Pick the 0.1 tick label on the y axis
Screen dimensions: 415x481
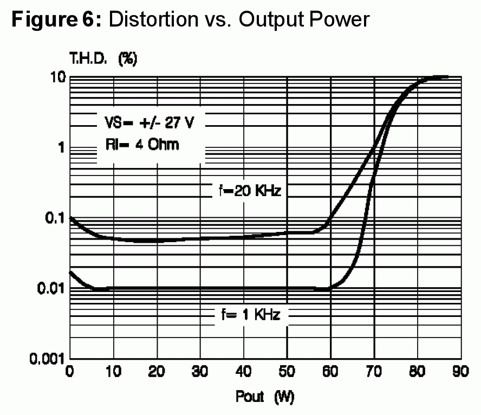click(x=56, y=218)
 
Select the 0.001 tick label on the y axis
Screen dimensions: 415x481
click(x=48, y=359)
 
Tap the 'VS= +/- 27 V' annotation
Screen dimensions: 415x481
click(x=148, y=122)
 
